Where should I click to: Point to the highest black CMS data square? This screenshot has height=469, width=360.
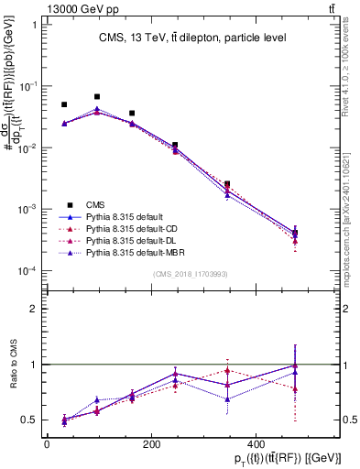pyautogui.click(x=97, y=96)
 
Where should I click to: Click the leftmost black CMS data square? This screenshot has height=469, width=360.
pyautogui.click(x=64, y=105)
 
